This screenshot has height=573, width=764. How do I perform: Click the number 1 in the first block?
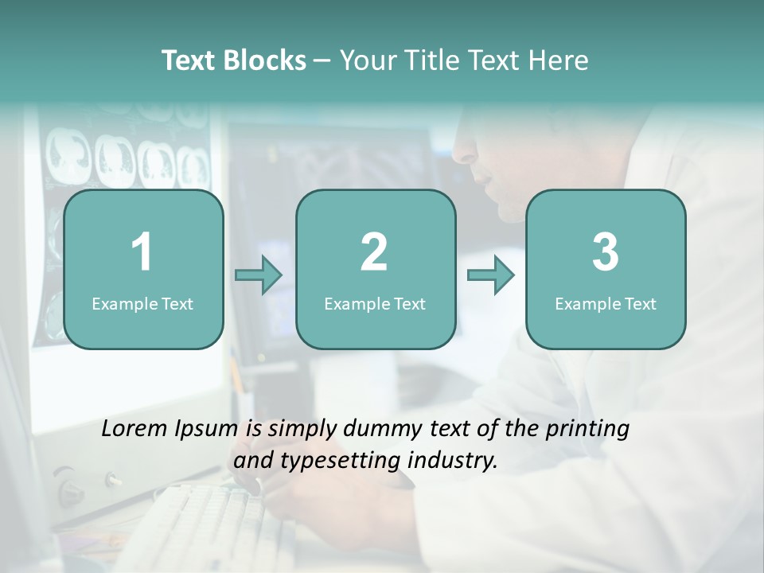click(x=142, y=252)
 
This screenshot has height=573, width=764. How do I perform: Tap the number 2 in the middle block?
click(x=374, y=252)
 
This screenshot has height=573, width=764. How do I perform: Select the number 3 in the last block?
click(x=606, y=252)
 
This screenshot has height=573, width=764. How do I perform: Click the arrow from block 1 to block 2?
click(x=259, y=275)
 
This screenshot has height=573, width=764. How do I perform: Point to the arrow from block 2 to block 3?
click(x=490, y=275)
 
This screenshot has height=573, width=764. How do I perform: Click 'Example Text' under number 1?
click(x=142, y=303)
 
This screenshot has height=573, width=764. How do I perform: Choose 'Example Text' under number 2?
click(x=375, y=303)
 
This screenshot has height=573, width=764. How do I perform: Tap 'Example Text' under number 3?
click(x=606, y=303)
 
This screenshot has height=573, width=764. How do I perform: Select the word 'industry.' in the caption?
click(x=456, y=459)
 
